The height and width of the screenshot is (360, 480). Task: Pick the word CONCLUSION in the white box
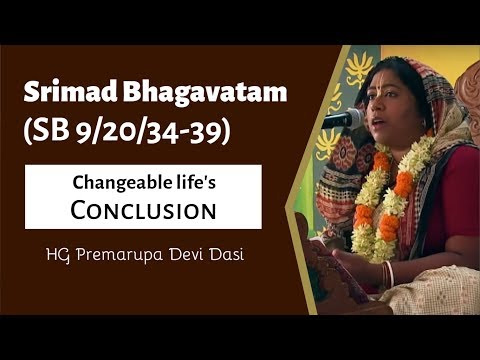[145, 211]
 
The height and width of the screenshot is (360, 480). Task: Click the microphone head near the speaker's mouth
[349, 119]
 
